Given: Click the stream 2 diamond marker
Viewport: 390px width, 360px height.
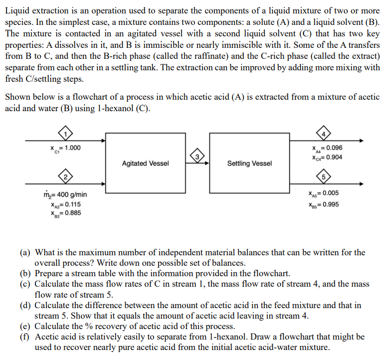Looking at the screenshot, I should (64, 176).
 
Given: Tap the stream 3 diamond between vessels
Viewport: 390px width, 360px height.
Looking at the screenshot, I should (197, 158).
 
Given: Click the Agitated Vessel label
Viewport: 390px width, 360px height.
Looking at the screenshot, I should (145, 164).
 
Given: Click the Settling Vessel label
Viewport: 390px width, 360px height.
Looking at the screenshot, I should (249, 164).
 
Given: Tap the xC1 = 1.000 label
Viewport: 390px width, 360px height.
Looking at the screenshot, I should (65, 148).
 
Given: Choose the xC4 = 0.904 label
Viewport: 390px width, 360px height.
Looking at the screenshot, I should (325, 158).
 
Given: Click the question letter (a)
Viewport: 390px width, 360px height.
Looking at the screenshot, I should (25, 253).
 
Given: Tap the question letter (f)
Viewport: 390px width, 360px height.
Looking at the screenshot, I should (25, 338).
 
